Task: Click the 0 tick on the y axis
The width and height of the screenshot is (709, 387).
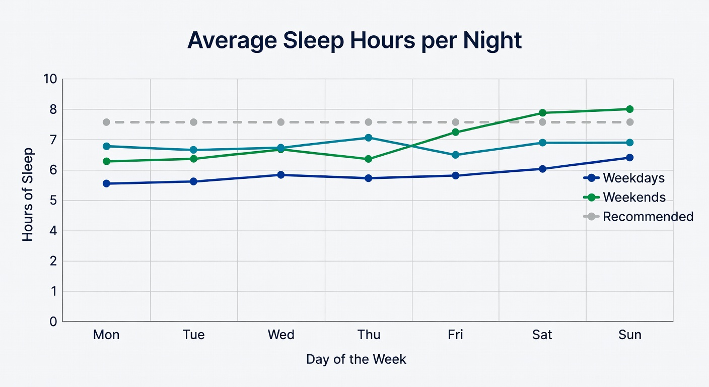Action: tap(53, 321)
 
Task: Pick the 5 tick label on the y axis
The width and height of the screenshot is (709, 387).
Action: tap(53, 201)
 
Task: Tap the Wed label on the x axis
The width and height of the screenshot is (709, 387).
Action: tap(281, 335)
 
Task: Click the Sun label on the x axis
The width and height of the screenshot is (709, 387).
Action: tap(629, 335)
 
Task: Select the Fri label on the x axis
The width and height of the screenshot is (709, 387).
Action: tap(455, 335)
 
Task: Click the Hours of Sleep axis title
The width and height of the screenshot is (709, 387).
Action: tap(28, 195)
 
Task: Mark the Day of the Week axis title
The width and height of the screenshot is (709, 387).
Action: tap(356, 359)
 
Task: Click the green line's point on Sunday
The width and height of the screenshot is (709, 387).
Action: tap(629, 109)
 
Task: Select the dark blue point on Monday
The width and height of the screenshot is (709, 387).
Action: tap(106, 183)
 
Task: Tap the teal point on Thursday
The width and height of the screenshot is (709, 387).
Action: tap(368, 138)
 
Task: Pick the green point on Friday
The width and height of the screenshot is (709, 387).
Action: tap(455, 132)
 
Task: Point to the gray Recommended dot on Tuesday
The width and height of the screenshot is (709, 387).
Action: tap(193, 122)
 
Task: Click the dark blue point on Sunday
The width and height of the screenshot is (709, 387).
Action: tap(629, 157)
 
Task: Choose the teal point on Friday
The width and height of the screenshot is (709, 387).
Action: tap(455, 155)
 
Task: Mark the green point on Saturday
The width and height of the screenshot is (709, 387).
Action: tap(542, 113)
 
